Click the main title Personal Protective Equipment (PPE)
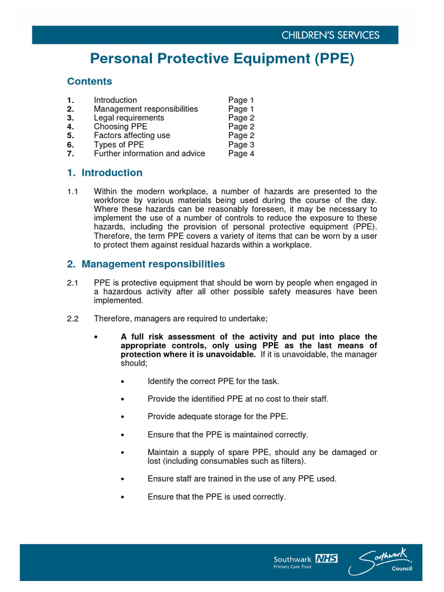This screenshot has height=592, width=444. (x=221, y=59)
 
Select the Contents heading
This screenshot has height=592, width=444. (x=90, y=82)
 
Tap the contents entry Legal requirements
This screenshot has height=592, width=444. (x=129, y=118)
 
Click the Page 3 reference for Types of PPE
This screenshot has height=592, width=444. (x=241, y=145)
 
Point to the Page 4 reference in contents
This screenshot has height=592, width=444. (x=241, y=153)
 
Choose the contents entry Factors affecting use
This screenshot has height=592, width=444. (x=132, y=135)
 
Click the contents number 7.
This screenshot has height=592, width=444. (x=70, y=153)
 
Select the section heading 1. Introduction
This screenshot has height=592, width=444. (x=105, y=173)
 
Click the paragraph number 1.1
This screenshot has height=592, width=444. (x=73, y=191)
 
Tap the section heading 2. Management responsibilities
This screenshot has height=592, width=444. (x=146, y=264)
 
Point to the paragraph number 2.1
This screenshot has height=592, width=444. (x=73, y=283)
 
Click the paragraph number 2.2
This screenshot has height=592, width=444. (x=73, y=319)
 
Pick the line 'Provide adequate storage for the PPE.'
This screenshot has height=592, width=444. (x=217, y=417)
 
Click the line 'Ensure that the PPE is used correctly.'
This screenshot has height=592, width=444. (x=217, y=497)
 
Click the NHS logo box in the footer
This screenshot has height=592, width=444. (x=326, y=558)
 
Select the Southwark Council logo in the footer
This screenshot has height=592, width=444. (x=386, y=563)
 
